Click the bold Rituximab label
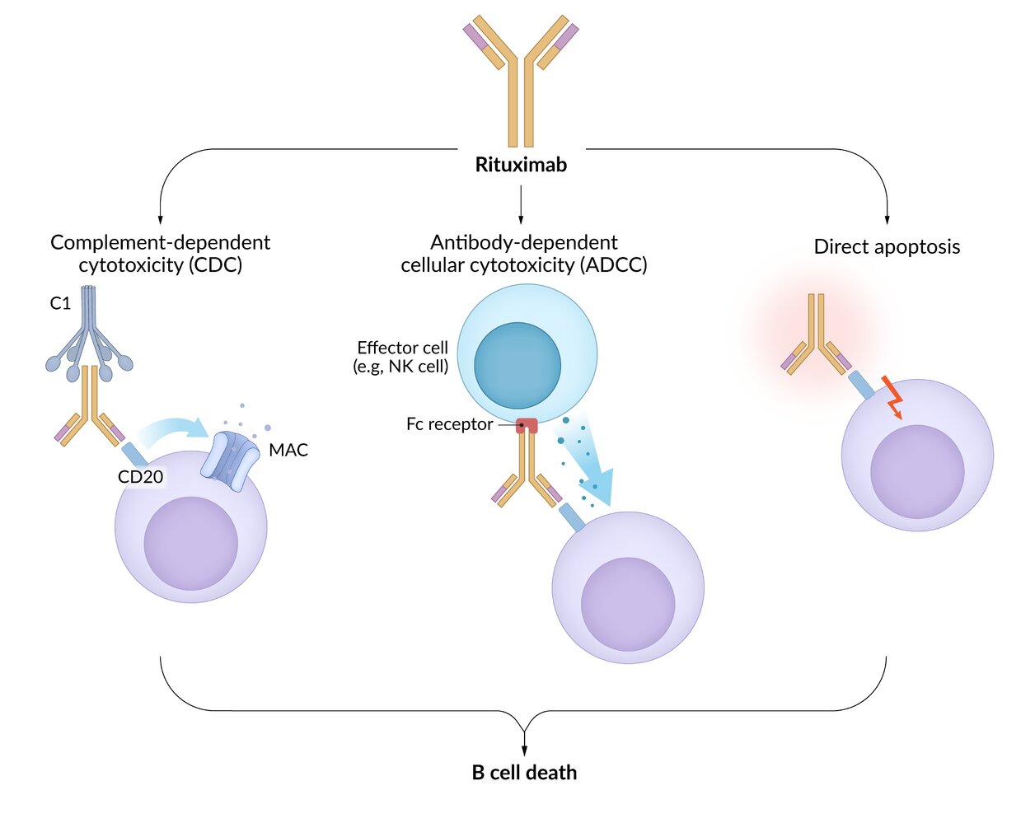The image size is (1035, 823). click(x=521, y=165)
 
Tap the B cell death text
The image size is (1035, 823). click(x=524, y=773)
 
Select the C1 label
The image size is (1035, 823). click(x=60, y=303)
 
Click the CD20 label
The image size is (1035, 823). click(x=141, y=476)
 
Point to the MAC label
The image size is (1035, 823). click(x=288, y=450)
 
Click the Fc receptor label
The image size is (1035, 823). click(x=449, y=424)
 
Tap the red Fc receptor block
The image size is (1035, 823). click(x=527, y=426)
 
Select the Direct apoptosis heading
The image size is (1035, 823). click(x=887, y=247)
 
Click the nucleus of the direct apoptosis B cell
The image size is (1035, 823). click(x=917, y=472)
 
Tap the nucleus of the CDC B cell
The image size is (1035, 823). click(x=191, y=544)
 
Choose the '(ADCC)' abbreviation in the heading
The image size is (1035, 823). click(x=613, y=265)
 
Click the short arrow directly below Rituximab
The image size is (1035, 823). click(x=521, y=204)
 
